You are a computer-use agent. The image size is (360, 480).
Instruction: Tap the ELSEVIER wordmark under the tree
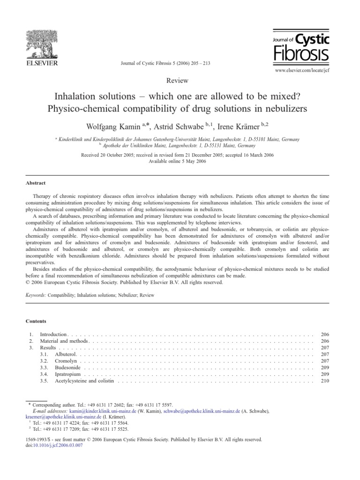pyautogui.click(x=41, y=63)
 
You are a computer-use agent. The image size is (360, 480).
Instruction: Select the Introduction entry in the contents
pyautogui.click(x=54, y=334)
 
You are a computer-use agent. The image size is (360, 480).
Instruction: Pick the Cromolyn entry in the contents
pyautogui.click(x=66, y=361)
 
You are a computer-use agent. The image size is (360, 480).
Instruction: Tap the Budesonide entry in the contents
pyautogui.click(x=68, y=368)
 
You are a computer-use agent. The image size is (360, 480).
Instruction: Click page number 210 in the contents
pyautogui.click(x=325, y=381)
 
